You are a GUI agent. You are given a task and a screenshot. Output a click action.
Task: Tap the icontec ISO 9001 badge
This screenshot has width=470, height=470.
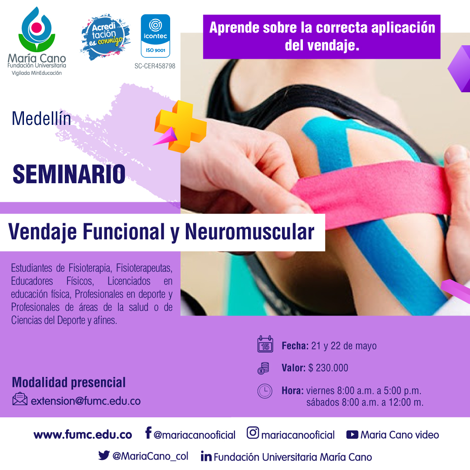(155, 36)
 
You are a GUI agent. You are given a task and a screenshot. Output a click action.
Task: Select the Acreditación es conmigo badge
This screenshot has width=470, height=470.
(105, 37)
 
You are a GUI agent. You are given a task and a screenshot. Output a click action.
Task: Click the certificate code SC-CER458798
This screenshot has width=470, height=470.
(154, 66)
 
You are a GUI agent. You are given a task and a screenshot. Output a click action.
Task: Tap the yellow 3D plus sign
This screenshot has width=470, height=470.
(181, 127)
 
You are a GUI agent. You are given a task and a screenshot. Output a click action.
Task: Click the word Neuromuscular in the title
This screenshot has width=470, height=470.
(250, 232)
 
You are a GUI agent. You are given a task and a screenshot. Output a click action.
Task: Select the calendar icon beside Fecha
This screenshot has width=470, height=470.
(265, 344)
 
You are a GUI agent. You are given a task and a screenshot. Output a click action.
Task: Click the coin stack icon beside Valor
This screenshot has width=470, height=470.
(263, 368)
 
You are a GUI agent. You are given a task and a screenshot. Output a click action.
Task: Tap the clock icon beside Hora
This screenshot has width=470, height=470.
(265, 391)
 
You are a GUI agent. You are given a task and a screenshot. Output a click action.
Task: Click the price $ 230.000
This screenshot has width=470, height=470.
(328, 368)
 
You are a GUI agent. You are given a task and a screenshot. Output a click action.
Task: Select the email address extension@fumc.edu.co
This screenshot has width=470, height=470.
(86, 401)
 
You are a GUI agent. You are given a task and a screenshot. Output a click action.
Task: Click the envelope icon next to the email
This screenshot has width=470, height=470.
(20, 399)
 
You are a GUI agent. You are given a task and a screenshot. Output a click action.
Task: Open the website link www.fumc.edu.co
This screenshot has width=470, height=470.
(83, 435)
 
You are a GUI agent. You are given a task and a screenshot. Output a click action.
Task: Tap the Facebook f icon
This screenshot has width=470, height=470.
(148, 433)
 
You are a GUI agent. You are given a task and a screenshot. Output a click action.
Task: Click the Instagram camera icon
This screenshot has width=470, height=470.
(253, 433)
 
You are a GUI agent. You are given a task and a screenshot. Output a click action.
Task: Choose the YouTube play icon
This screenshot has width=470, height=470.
(352, 435)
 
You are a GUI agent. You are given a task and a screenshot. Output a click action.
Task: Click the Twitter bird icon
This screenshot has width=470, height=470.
(104, 455)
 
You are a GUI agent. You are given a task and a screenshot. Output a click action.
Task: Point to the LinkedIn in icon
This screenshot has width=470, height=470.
(206, 456)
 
